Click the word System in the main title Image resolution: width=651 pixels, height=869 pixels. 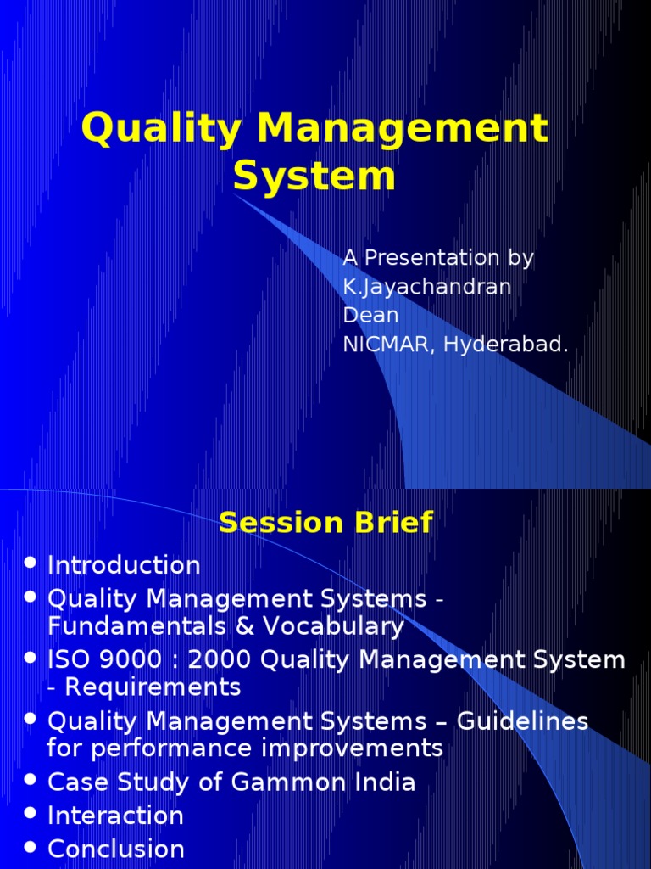coord(314,177)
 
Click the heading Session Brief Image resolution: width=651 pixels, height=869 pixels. coord(325,522)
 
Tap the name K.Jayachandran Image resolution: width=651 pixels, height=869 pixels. coord(426,287)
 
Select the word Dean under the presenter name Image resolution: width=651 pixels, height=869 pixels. coord(370,316)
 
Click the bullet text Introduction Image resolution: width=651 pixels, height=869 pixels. coord(124,565)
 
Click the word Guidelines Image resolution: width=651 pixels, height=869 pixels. coord(523,721)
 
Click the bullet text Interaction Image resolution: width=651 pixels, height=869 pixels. coord(115,816)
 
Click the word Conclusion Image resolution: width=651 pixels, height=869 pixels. coord(116,849)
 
